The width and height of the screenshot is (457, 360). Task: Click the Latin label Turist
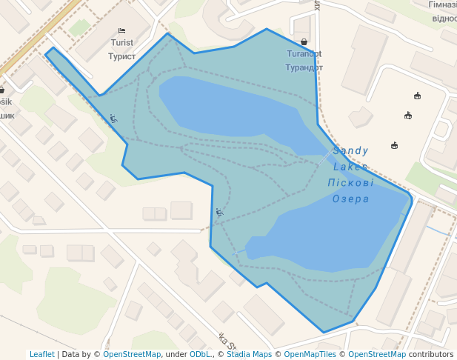click(122, 43)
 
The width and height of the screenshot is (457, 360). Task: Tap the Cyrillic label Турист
click(122, 56)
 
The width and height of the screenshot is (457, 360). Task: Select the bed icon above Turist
click(122, 31)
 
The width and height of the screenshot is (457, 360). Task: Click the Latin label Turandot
click(304, 54)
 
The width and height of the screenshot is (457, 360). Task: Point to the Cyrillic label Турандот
click(304, 67)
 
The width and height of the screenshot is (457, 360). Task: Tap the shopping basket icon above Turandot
click(304, 42)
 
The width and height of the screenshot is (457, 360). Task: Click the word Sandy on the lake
click(350, 151)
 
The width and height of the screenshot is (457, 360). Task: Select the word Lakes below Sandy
click(349, 167)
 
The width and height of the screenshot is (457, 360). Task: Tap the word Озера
click(350, 199)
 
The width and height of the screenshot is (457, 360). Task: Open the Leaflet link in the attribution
click(42, 354)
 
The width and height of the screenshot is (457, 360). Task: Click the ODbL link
click(200, 354)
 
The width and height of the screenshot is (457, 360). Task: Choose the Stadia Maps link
click(249, 354)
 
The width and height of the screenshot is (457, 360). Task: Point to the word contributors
click(431, 354)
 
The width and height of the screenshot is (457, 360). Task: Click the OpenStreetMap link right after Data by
click(132, 354)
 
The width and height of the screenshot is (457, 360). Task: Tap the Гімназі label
click(443, 4)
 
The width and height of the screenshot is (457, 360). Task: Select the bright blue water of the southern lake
click(333, 230)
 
